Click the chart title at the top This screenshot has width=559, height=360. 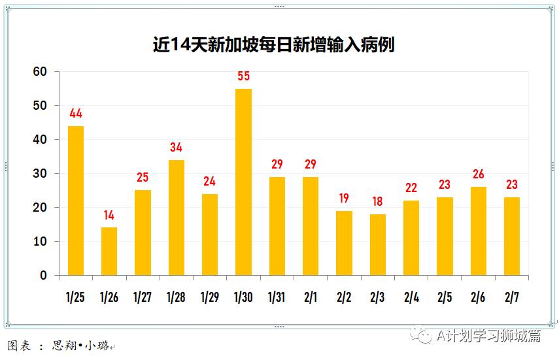pyautogui.click(x=273, y=44)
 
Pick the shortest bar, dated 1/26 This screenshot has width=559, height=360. pyautogui.click(x=109, y=251)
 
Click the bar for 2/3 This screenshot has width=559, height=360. pyautogui.click(x=377, y=244)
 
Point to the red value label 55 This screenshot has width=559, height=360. pyautogui.click(x=243, y=76)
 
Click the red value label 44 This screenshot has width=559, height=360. pyautogui.click(x=76, y=114)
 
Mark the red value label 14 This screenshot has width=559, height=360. pyautogui.click(x=109, y=215)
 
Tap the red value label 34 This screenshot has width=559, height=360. pyautogui.click(x=176, y=148)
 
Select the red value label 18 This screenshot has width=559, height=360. pyautogui.click(x=377, y=201)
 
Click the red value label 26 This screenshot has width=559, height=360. pyautogui.click(x=479, y=174)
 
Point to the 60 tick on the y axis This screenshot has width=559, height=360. pyautogui.click(x=41, y=72)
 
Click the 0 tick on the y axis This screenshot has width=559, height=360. pyautogui.click(x=44, y=276)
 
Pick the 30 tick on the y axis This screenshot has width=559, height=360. pyautogui.click(x=41, y=174)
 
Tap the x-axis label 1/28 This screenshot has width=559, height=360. pyautogui.click(x=176, y=297)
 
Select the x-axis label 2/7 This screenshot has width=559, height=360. pyautogui.click(x=512, y=297)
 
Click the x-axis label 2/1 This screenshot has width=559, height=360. pyautogui.click(x=311, y=297)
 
